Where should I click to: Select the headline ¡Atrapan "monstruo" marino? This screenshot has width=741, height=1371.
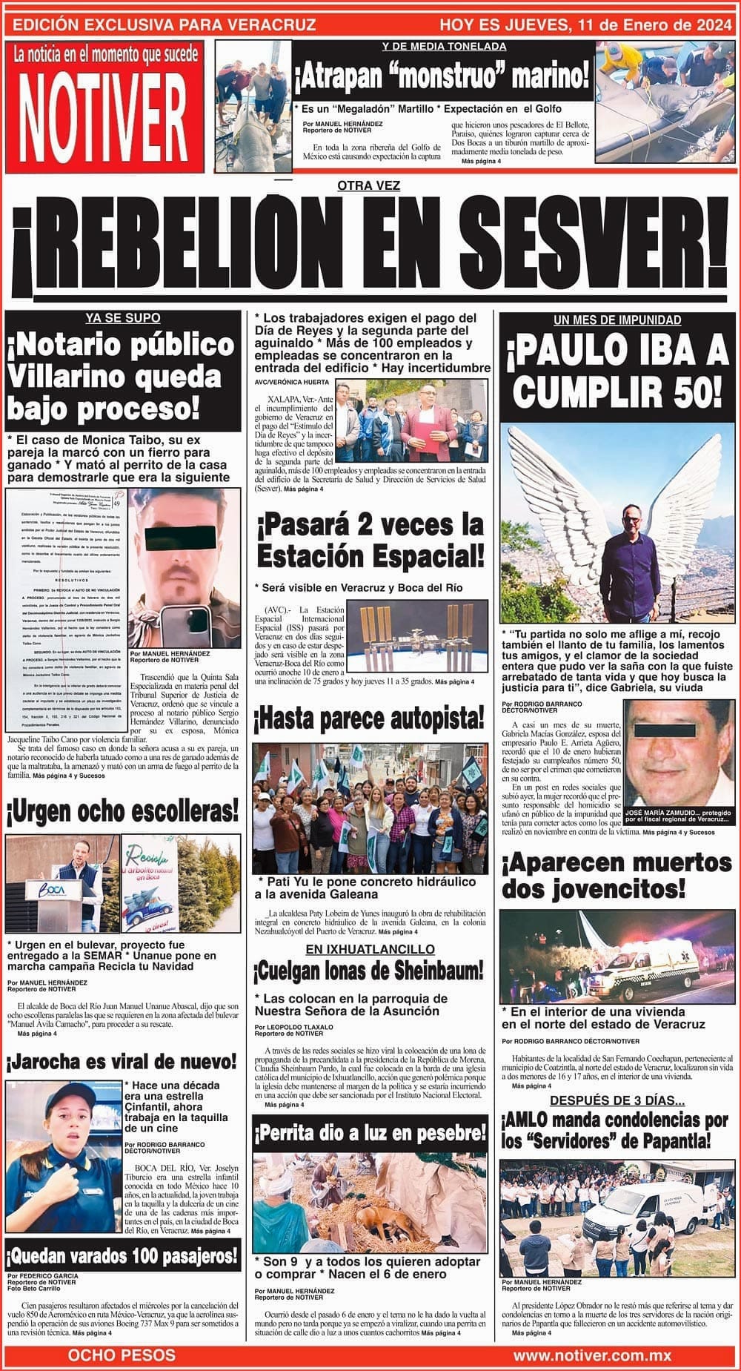[x=442, y=76]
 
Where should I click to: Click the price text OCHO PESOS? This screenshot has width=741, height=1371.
[x=122, y=1355]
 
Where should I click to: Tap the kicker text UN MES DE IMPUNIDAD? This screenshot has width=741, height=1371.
[x=617, y=320]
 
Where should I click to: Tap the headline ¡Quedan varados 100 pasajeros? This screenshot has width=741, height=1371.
[x=122, y=1256]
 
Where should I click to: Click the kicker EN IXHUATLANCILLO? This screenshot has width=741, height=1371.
[x=370, y=949]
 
